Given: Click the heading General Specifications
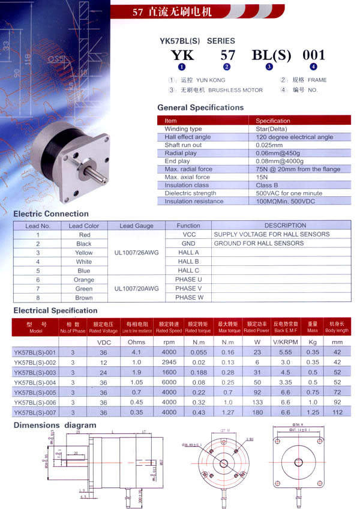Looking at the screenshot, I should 200,107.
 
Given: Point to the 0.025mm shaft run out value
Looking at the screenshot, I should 269,145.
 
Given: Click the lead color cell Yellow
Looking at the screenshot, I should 84,253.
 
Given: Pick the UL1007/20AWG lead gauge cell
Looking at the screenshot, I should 137,289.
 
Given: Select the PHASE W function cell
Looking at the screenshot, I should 188,298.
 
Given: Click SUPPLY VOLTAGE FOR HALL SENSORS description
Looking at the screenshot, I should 272,234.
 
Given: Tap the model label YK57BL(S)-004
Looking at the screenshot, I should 34,382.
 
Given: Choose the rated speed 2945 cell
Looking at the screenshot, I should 169,363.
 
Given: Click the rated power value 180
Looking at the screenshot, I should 257,412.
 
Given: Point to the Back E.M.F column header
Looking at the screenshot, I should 286,328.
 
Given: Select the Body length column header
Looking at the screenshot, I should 337,328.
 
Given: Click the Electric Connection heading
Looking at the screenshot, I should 51,214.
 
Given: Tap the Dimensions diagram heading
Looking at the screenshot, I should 55,425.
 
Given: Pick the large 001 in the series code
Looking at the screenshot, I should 314,55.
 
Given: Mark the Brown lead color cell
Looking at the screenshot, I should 84,298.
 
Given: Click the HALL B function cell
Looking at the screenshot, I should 188,262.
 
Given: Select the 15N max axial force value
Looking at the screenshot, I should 262,177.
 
